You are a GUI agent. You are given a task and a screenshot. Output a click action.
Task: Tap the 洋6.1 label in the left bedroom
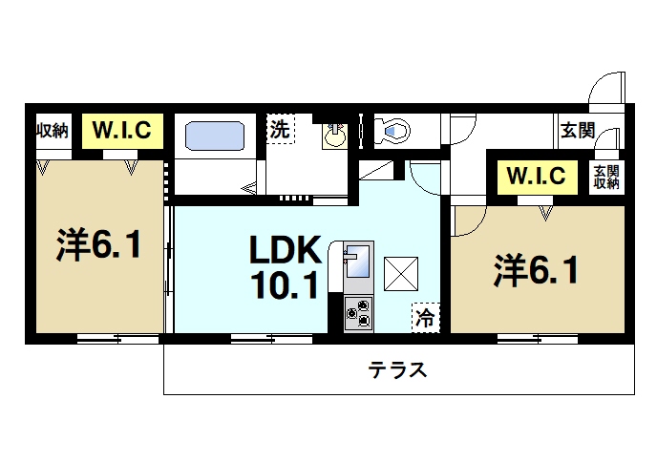(99, 246)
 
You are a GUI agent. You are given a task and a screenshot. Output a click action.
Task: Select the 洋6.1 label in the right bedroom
(536, 271)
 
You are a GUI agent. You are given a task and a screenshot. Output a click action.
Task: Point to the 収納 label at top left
(53, 130)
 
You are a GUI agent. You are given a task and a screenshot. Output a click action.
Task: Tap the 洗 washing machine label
(279, 131)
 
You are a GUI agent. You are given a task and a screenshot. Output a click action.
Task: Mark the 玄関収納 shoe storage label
(605, 177)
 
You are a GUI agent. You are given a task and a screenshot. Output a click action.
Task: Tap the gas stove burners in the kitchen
(359, 313)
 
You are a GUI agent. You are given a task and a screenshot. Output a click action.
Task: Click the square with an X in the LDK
(400, 273)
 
